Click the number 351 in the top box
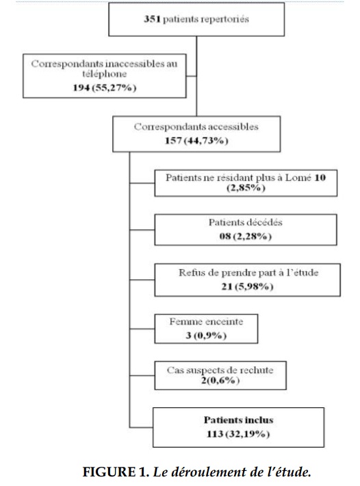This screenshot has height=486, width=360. click(152, 19)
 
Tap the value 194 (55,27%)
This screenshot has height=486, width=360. click(105, 88)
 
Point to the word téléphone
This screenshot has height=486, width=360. click(105, 74)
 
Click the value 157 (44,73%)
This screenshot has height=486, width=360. click(196, 141)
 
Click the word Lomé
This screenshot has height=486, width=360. click(298, 177)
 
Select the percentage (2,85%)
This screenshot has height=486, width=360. click(246, 188)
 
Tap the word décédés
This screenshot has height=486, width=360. click(264, 222)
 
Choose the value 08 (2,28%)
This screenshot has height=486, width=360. click(246, 236)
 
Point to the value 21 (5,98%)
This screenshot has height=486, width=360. click(247, 286)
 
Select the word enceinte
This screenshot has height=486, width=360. click(224, 322)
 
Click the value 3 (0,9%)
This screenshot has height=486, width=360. click(206, 335)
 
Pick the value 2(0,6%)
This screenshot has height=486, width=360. click(220, 380)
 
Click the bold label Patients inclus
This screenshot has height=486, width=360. click(238, 420)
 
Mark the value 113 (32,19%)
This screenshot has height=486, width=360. click(238, 434)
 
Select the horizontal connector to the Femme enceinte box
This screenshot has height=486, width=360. click(142, 329)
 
